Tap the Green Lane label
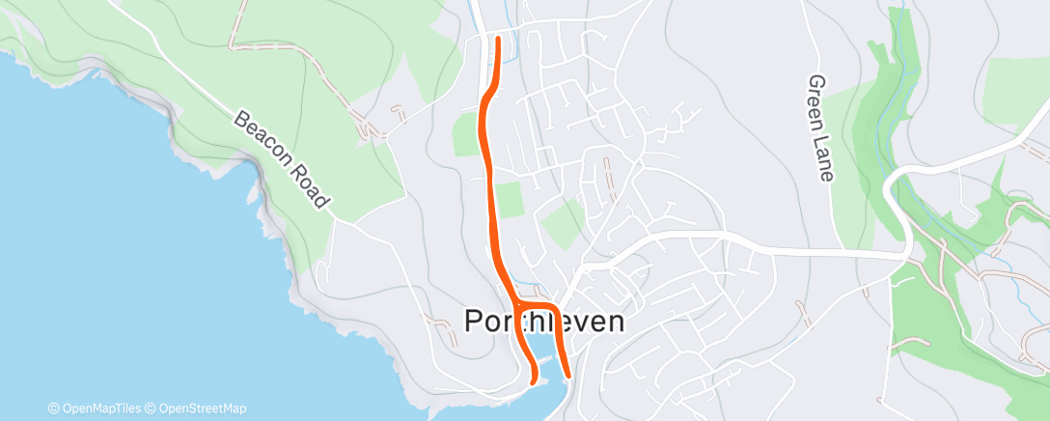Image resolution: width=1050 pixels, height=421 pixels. (x=820, y=128)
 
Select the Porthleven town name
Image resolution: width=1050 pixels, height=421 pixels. (x=544, y=322)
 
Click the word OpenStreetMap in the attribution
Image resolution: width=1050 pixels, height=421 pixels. (x=202, y=408)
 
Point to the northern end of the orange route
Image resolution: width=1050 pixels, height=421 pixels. (x=498, y=40)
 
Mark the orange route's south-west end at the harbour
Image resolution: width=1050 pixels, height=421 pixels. (x=533, y=383)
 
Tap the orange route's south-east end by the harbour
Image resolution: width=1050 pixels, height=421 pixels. (x=567, y=376)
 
